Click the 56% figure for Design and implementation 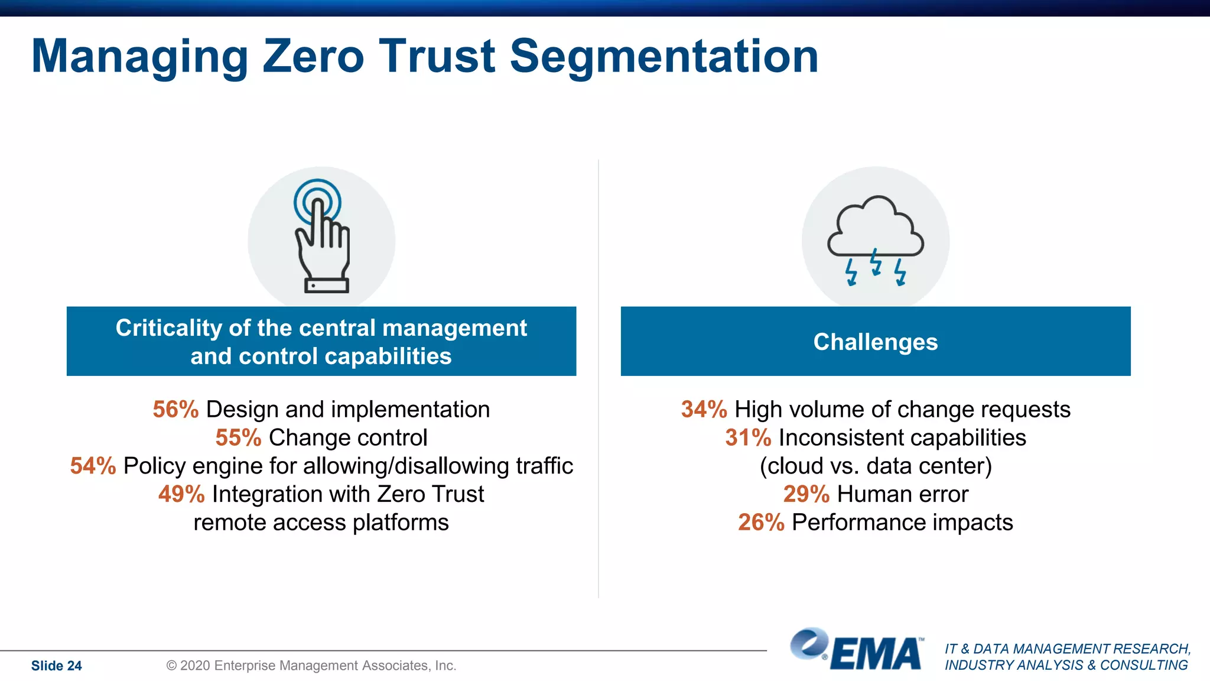(x=175, y=410)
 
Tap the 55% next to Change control (x=238, y=438)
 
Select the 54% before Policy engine (x=93, y=466)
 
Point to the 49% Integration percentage (x=181, y=494)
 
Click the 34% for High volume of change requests (x=704, y=410)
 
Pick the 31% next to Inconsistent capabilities (x=748, y=438)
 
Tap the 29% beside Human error (x=806, y=494)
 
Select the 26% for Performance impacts (x=761, y=523)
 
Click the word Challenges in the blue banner (x=875, y=342)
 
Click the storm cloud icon (x=875, y=231)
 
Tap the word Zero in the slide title (x=313, y=56)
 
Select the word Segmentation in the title (x=663, y=56)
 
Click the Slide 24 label (x=56, y=666)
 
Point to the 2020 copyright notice (x=311, y=666)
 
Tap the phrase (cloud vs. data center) (x=876, y=466)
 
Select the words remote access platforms (x=321, y=523)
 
